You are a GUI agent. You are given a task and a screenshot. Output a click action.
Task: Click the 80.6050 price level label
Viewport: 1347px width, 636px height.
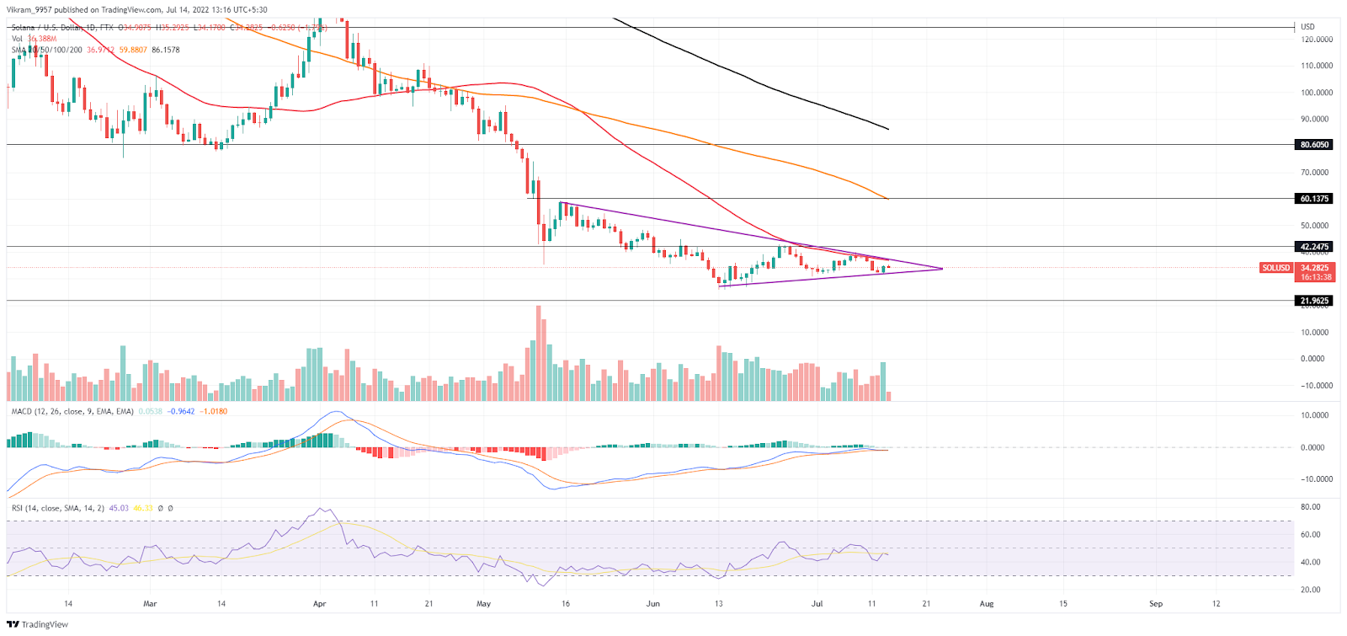point(1314,145)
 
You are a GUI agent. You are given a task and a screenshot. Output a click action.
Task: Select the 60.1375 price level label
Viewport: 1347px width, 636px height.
point(1314,199)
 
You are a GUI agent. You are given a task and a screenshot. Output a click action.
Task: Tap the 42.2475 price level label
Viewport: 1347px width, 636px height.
point(1314,247)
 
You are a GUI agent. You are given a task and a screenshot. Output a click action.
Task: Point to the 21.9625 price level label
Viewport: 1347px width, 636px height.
point(1314,301)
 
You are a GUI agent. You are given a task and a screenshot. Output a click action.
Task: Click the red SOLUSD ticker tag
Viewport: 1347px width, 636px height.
point(1275,268)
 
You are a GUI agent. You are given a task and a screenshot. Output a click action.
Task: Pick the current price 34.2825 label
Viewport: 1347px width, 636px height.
point(1316,268)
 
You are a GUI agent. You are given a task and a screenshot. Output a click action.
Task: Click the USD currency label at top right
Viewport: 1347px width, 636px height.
point(1307,27)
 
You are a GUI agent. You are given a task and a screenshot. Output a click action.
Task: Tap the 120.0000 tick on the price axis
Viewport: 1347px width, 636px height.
point(1316,40)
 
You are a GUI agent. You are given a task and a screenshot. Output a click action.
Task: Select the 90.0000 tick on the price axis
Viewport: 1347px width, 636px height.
point(1316,119)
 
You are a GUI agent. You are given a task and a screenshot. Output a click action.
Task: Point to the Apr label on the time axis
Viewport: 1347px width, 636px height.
point(319,603)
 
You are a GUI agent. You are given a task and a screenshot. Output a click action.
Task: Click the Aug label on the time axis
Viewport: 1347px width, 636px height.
point(987,603)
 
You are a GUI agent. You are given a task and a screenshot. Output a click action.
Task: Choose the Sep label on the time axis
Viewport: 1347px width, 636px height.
point(1156,603)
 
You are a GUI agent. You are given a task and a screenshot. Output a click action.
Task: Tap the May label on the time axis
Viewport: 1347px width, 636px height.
point(483,603)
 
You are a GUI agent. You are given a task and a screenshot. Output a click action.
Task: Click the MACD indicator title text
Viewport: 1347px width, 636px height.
point(72,411)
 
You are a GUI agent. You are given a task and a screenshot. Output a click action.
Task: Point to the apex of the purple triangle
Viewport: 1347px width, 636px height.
point(942,269)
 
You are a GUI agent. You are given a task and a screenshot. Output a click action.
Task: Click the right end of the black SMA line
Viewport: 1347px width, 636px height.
point(888,129)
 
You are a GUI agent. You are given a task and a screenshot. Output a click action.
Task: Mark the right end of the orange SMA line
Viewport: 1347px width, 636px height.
point(888,199)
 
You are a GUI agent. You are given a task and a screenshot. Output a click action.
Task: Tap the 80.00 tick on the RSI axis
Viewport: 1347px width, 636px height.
point(1310,507)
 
